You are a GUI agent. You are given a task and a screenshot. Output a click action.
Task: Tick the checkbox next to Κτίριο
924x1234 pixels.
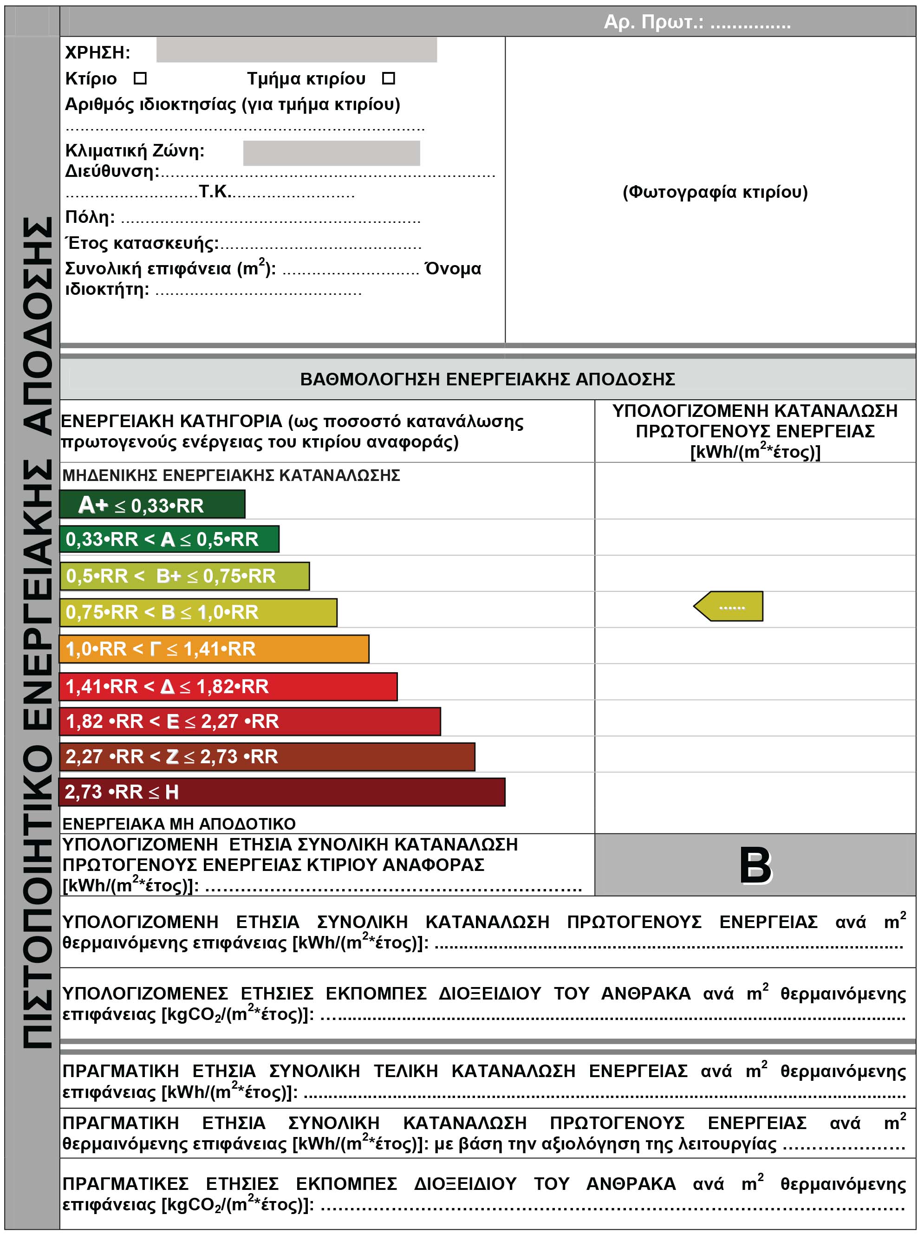[140, 78]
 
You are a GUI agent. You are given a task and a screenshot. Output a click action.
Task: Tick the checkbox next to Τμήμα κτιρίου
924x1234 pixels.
[388, 78]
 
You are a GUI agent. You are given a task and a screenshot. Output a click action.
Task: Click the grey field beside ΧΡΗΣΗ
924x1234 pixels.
[296, 50]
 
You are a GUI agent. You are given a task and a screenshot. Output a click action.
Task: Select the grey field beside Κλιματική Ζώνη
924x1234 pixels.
[332, 153]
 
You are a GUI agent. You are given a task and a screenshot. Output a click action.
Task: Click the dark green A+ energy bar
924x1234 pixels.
[152, 504]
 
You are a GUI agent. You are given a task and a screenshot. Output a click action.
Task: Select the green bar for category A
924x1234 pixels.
[169, 539]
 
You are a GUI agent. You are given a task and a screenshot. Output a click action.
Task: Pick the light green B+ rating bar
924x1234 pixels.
[184, 576]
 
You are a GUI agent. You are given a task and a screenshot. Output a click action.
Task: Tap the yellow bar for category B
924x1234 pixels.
[198, 612]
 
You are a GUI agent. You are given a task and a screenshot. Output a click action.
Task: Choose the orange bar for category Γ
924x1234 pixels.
[214, 649]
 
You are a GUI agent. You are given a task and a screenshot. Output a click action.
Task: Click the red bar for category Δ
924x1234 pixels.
[228, 686]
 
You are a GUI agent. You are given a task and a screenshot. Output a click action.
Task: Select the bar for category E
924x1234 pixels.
[249, 721]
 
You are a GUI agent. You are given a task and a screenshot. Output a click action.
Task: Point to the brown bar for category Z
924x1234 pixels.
[267, 756]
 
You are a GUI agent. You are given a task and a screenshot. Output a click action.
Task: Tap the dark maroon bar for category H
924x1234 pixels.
[282, 792]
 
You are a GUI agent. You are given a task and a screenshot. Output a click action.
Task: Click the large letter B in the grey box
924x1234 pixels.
[755, 865]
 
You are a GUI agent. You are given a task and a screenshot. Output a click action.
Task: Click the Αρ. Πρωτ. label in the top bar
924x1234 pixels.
[653, 22]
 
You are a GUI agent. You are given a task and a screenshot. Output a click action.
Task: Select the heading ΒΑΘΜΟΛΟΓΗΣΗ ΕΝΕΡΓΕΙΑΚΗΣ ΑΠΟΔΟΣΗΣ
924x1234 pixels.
[487, 379]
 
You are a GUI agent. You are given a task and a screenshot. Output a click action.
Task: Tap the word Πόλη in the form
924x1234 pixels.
[90, 217]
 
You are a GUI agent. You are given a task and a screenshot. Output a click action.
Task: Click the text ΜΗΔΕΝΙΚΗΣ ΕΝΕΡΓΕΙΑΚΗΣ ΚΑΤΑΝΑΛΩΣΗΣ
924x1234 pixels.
[231, 475]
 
